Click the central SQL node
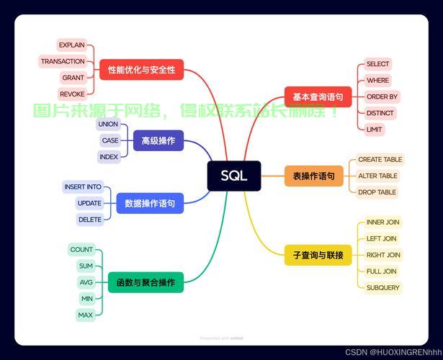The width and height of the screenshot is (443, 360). (233, 176)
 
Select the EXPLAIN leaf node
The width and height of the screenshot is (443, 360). (72, 45)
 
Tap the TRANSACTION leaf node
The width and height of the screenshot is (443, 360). (63, 61)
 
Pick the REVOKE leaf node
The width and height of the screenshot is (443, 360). (72, 94)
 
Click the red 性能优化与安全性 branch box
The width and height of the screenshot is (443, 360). (141, 70)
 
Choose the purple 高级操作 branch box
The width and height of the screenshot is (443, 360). (158, 140)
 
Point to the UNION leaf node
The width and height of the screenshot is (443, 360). (108, 124)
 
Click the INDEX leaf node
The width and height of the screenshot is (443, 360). (109, 157)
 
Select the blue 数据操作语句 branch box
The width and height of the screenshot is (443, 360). (150, 204)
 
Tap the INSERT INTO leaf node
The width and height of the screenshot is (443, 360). (83, 186)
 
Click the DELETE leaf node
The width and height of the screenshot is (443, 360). (90, 220)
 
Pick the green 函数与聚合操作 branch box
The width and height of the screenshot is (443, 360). (146, 282)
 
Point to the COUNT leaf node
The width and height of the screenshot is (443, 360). (81, 250)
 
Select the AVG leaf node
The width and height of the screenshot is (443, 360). (86, 282)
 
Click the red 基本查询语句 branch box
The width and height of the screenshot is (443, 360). (318, 96)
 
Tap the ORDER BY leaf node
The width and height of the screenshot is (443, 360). (382, 96)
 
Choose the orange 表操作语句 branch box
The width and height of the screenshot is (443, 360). (313, 176)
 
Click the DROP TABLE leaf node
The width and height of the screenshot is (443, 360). (377, 192)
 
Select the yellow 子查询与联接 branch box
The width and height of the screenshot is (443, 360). (318, 255)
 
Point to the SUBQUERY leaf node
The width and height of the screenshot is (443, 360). (382, 287)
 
